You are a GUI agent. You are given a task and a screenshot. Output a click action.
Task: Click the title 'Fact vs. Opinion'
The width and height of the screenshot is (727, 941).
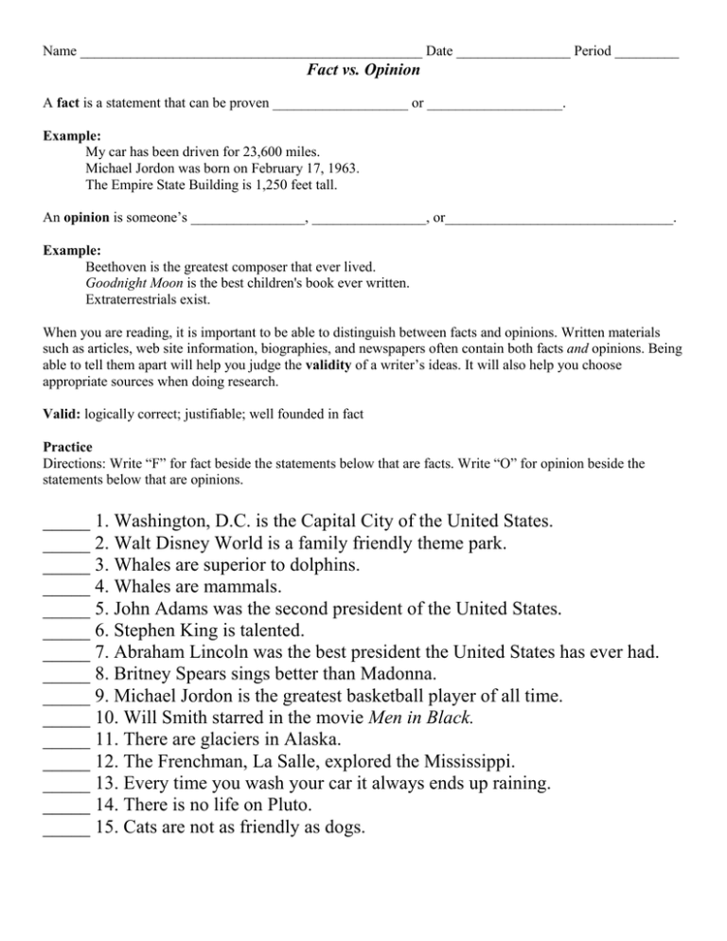(363, 70)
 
